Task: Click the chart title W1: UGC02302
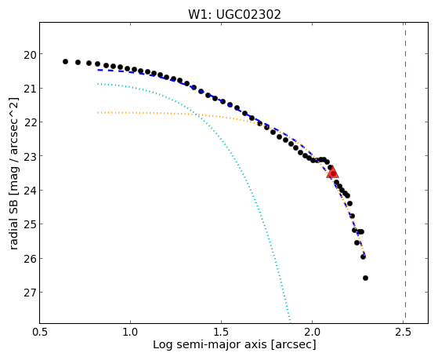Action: pos(234,14)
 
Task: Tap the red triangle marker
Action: pos(333,173)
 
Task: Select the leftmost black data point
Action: pos(65,61)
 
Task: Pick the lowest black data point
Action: pos(365,278)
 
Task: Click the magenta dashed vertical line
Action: pos(405,173)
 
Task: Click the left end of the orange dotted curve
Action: pos(98,112)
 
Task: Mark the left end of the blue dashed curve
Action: pos(98,70)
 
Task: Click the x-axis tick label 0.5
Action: pos(39,332)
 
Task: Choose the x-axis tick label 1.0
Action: pos(130,332)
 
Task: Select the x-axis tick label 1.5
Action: pos(221,332)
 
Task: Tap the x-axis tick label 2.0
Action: pos(313,332)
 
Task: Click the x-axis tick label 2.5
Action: pos(403,332)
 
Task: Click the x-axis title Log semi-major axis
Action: pos(209,345)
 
